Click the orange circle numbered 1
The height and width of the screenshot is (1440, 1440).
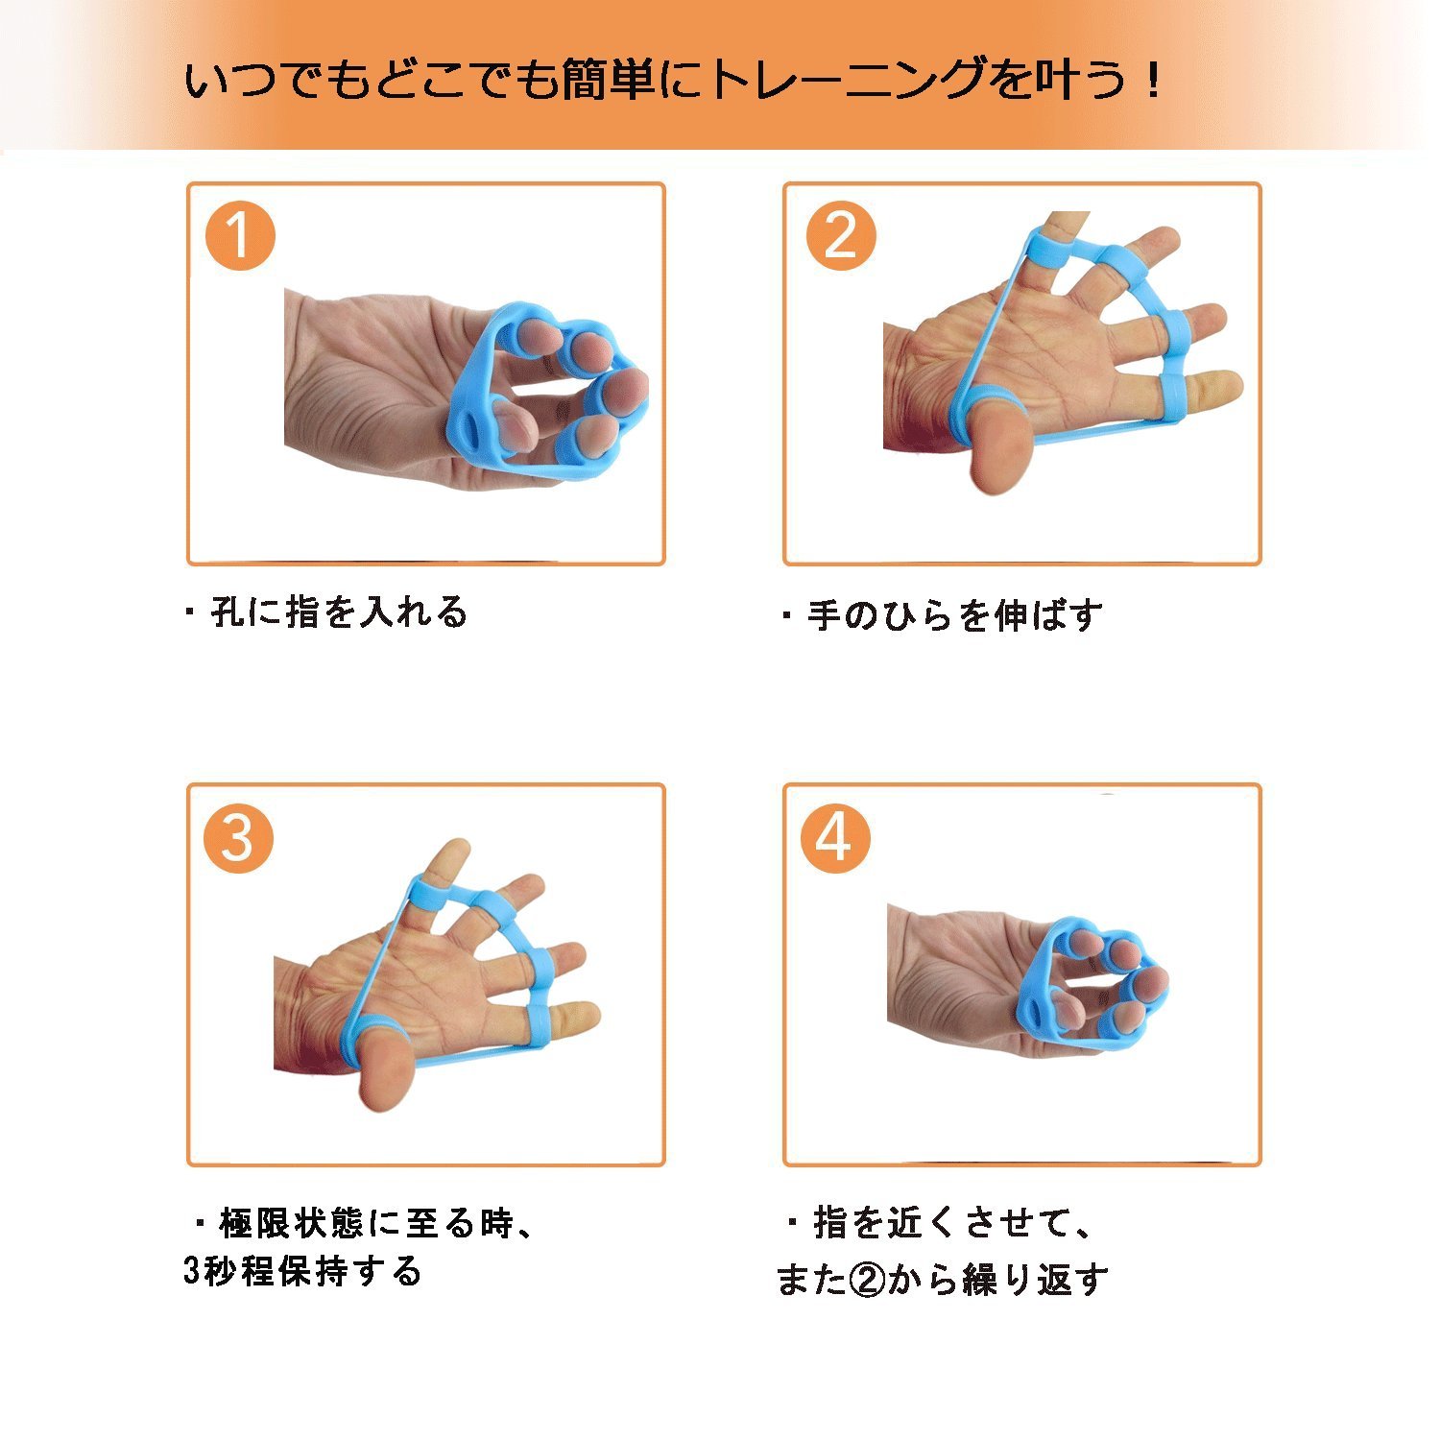(239, 235)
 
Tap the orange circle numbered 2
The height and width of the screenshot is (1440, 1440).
(841, 235)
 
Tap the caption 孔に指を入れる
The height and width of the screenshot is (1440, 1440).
(338, 612)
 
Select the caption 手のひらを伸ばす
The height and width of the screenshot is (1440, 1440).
(954, 615)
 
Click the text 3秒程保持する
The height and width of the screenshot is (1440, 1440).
(302, 1271)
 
